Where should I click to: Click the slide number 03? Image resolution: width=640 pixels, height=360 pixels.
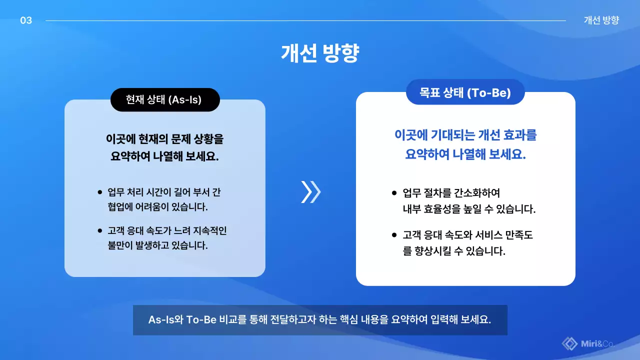[26, 20]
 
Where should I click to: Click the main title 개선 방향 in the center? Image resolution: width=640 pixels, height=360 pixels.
[320, 53]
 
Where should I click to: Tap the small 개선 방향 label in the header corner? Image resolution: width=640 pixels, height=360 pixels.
[601, 20]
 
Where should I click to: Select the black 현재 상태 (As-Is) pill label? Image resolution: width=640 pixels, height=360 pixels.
[165, 100]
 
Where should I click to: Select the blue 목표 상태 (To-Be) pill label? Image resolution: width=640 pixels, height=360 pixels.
[465, 92]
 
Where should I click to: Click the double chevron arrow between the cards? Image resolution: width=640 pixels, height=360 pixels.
[310, 192]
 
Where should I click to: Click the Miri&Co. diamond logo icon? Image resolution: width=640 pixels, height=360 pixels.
[569, 343]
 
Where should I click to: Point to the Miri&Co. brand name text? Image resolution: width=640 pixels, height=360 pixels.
[598, 343]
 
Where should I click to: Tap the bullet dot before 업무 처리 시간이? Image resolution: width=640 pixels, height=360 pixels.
[100, 192]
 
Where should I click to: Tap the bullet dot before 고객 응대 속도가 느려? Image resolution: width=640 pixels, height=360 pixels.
[100, 230]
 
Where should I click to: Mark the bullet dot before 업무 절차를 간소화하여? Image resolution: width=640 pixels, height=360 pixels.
[394, 192]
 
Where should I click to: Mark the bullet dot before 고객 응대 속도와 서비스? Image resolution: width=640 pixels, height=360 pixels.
[394, 234]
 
